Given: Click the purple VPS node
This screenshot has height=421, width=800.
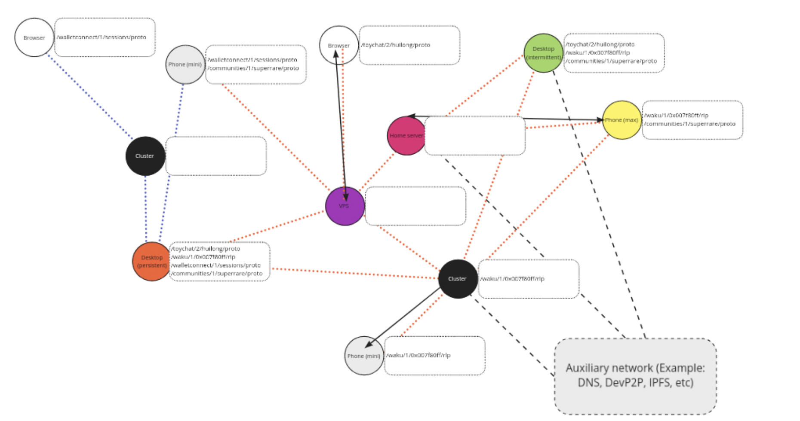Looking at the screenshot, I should pyautogui.click(x=345, y=206).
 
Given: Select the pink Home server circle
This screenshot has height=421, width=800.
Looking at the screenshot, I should pyautogui.click(x=406, y=136).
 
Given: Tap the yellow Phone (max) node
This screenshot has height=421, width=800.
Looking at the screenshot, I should pyautogui.click(x=622, y=120).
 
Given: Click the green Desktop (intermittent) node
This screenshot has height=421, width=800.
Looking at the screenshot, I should pyautogui.click(x=543, y=53).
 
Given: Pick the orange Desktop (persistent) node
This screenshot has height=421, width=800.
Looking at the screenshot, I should pyautogui.click(x=152, y=261).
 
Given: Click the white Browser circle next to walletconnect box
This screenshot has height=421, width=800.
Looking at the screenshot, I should pyautogui.click(x=34, y=37).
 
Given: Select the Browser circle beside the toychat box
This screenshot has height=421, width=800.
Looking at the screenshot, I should pyautogui.click(x=338, y=45).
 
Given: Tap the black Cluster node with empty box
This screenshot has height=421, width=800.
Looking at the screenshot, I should pyautogui.click(x=145, y=156).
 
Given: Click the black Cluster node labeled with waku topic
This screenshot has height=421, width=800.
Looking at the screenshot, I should pyautogui.click(x=458, y=279).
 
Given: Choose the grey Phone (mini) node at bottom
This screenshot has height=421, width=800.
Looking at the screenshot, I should pyautogui.click(x=364, y=356).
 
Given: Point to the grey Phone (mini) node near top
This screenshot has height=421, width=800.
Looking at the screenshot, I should pyautogui.click(x=185, y=64).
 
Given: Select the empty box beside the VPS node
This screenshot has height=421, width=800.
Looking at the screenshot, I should pyautogui.click(x=415, y=206).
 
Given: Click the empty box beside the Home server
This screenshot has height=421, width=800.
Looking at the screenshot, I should pyautogui.click(x=475, y=136).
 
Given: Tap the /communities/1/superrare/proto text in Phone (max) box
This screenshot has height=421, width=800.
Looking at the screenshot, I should pyautogui.click(x=690, y=124).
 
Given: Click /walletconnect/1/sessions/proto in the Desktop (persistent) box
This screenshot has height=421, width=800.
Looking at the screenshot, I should pyautogui.click(x=215, y=265).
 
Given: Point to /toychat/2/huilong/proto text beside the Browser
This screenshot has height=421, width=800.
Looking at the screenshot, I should pyautogui.click(x=396, y=45).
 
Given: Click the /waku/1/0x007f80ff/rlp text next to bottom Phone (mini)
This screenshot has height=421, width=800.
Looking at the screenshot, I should pyautogui.click(x=418, y=355).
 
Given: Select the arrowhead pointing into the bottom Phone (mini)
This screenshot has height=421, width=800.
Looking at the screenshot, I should pyautogui.click(x=367, y=345).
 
